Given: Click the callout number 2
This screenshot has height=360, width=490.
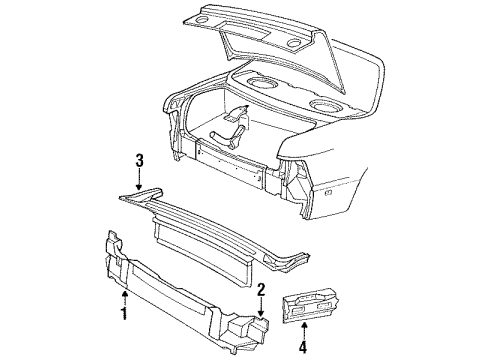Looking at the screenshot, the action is click(259, 290).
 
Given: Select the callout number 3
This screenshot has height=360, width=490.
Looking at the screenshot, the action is click(139, 158).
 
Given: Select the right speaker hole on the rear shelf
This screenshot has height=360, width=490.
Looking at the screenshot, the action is click(324, 106).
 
